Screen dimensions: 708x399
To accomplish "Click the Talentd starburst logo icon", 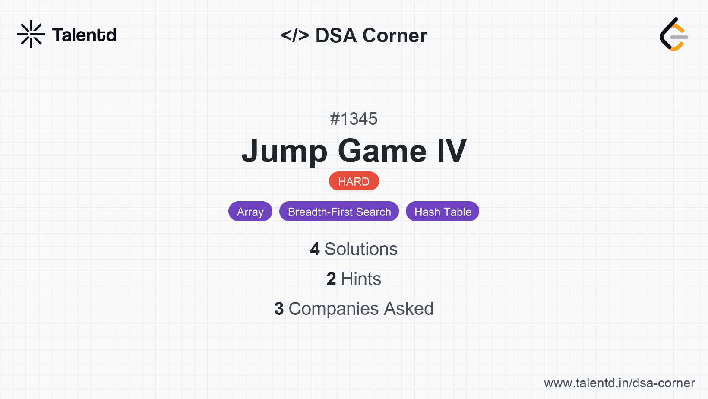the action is (31, 34).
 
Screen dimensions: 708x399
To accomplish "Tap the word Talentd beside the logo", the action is (84, 35).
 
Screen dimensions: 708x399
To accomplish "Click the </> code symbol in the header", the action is (295, 35).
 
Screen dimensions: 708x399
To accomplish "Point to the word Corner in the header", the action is (395, 35).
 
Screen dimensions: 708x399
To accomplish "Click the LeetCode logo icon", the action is (673, 34).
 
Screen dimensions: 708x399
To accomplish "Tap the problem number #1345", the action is (354, 119).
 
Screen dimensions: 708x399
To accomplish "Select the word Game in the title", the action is (382, 151).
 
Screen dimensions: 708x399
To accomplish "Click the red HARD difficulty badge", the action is (354, 181).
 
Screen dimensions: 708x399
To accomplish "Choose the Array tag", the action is (250, 211).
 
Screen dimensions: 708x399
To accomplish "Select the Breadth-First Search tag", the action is (339, 211).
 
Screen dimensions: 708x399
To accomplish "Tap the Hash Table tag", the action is (442, 211).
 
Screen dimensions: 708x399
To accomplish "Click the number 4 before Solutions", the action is (315, 249).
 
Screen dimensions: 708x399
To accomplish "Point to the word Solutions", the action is (361, 249).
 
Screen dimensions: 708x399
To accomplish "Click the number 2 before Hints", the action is (331, 279).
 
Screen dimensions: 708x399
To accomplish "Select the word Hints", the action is (361, 279).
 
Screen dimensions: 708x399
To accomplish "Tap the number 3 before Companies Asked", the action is (279, 309).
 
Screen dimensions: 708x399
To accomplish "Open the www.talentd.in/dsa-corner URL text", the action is (619, 383).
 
